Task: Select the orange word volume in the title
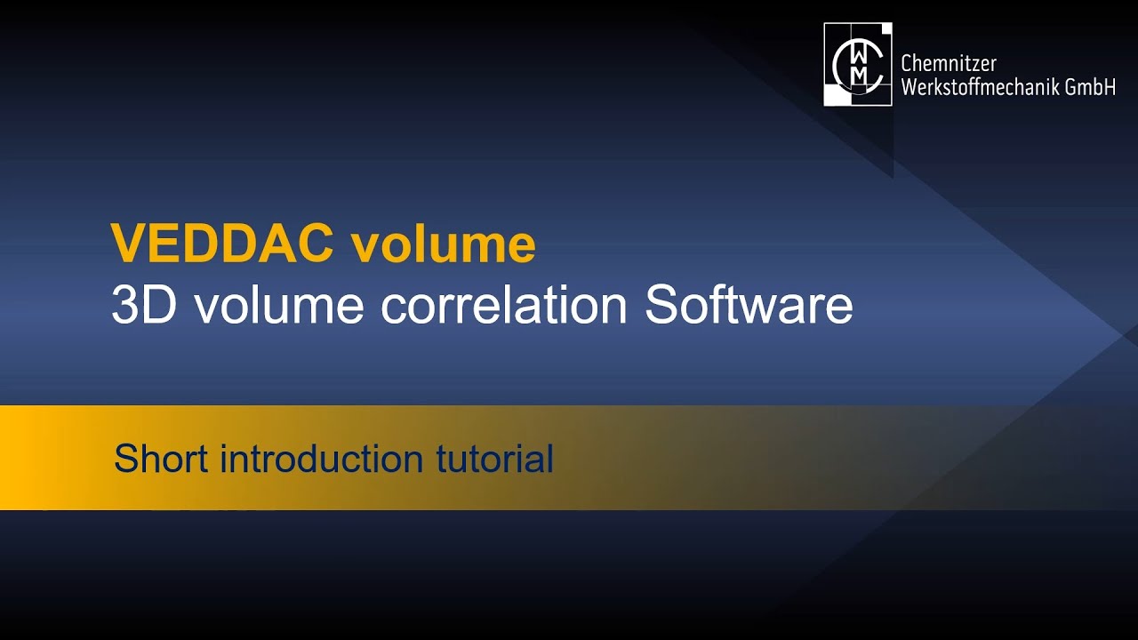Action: (x=443, y=244)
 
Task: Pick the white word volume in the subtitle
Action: (x=279, y=305)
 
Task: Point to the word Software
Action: (x=749, y=305)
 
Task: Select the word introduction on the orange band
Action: (x=321, y=459)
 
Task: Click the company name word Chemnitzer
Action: (x=948, y=63)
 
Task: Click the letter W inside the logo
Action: (x=858, y=52)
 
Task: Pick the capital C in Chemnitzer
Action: (x=908, y=63)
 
